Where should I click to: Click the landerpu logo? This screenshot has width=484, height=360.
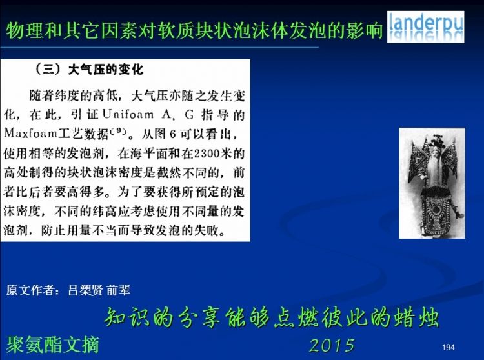(x=425, y=27)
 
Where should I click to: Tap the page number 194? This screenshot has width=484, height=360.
(x=449, y=347)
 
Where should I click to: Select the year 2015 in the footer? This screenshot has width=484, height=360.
(x=332, y=345)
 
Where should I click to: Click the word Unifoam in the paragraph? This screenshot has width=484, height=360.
(x=128, y=114)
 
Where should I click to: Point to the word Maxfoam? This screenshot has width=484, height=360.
(x=30, y=134)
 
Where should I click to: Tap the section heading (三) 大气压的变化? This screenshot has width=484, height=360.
(x=89, y=69)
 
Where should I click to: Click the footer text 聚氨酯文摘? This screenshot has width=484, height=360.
(x=52, y=345)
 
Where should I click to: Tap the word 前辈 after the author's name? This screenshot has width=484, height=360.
(x=118, y=290)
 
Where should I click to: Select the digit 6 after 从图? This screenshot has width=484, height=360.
(x=173, y=134)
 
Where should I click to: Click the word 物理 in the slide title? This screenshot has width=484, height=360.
(x=25, y=30)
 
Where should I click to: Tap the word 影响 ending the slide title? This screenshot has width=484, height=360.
(x=364, y=30)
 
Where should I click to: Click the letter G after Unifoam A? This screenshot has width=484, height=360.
(x=189, y=115)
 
